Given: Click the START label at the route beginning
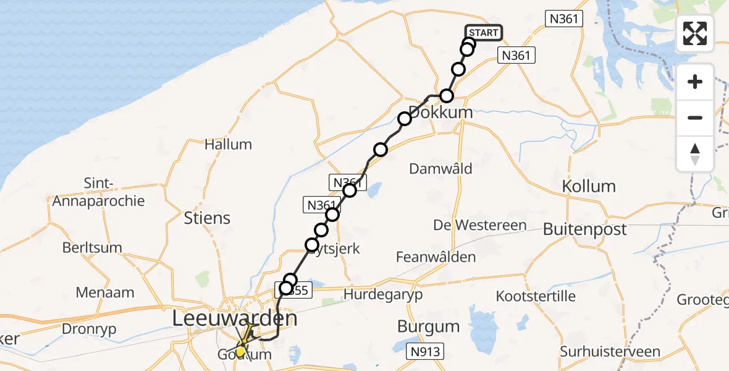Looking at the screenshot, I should [x=482, y=33].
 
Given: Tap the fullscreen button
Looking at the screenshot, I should [x=695, y=33].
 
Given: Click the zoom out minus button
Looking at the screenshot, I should [x=695, y=117].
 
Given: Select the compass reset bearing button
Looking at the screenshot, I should [x=695, y=154].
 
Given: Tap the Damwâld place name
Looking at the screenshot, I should [x=441, y=168].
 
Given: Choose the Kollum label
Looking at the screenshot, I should [x=589, y=186].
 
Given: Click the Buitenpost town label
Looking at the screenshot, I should [x=584, y=229].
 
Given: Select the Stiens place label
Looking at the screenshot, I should [x=207, y=218].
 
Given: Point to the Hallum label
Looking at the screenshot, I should [x=229, y=145].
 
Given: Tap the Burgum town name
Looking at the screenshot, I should [x=428, y=326].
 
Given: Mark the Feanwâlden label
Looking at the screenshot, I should [x=436, y=257].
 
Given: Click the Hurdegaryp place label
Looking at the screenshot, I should [x=384, y=294].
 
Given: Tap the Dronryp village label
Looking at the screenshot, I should [x=89, y=329].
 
